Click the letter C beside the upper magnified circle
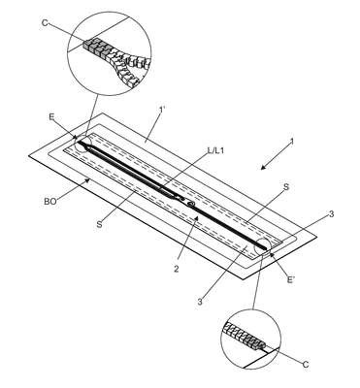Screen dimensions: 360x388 [45, 23]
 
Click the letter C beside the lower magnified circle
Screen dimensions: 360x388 [306, 365]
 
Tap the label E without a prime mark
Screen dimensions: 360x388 [51, 117]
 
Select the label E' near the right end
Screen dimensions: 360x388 [291, 279]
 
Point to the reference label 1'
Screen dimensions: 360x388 [162, 110]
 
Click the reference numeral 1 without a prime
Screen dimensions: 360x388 [291, 142]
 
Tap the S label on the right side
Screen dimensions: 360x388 [286, 187]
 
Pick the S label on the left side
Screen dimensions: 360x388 [99, 224]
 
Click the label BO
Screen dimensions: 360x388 [50, 201]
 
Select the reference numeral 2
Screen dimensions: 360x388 [176, 269]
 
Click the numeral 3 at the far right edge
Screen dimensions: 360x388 [331, 213]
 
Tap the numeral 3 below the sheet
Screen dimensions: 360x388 [200, 302]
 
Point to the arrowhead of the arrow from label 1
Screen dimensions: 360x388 [263, 167]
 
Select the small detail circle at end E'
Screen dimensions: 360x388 [263, 246]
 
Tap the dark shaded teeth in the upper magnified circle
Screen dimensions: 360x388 [95, 48]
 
